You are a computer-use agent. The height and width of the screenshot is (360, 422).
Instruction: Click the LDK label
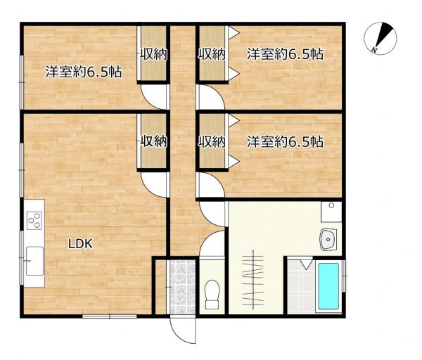81,244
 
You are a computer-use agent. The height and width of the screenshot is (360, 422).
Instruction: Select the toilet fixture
211,295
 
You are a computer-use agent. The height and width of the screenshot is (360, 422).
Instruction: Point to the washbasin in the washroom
329,240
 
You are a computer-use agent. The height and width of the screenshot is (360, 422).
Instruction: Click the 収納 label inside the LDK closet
153,141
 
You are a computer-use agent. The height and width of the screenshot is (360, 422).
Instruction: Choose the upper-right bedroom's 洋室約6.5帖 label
285,53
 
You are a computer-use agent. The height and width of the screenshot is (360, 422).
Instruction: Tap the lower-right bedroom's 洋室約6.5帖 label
285,141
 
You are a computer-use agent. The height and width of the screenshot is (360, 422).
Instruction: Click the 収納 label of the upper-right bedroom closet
211,53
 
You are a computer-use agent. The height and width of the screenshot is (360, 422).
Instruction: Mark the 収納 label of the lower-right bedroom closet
211,141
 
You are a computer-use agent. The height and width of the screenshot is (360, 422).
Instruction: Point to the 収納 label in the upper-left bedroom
153,53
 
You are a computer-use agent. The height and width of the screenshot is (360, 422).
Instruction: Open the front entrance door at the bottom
181,330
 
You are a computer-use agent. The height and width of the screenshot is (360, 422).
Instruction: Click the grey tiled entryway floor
181,287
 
